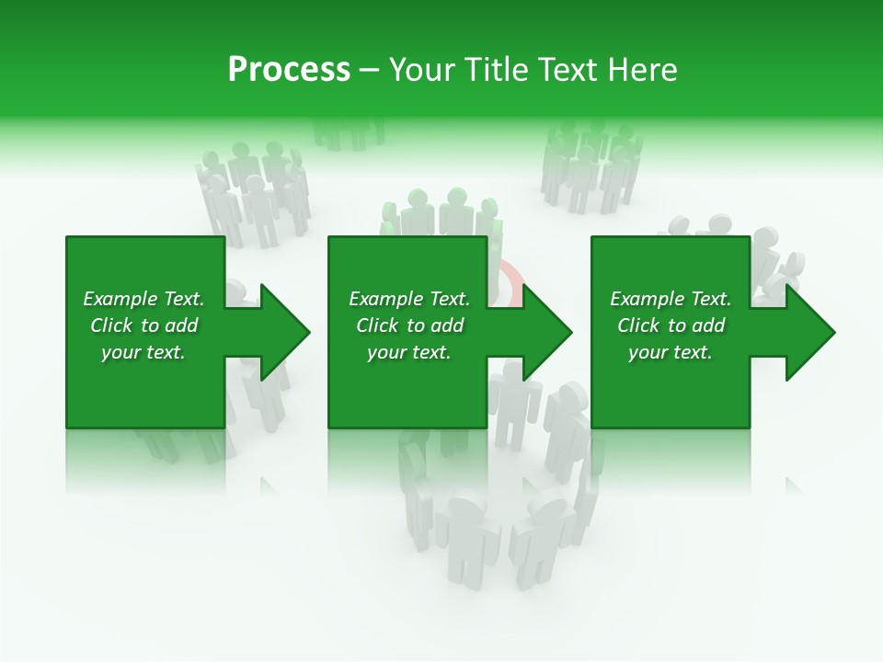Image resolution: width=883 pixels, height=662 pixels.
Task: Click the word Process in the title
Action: click(x=289, y=70)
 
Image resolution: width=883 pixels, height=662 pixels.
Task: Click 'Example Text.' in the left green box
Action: click(x=143, y=299)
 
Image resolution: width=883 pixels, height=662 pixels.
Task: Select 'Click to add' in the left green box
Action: click(x=143, y=325)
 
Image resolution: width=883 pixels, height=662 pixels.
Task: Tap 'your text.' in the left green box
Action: click(x=143, y=352)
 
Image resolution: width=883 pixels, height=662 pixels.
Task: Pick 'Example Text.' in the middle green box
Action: click(x=409, y=299)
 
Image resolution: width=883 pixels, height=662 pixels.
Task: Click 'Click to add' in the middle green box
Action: click(x=409, y=325)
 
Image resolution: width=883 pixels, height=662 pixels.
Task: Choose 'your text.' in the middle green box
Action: click(x=409, y=352)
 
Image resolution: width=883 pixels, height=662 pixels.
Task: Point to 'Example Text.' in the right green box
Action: click(x=671, y=299)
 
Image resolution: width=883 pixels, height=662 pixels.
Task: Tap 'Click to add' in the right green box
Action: click(x=671, y=325)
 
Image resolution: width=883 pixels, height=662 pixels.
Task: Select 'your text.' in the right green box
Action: click(x=671, y=352)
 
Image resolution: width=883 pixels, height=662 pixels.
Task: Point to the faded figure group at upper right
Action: click(x=591, y=165)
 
